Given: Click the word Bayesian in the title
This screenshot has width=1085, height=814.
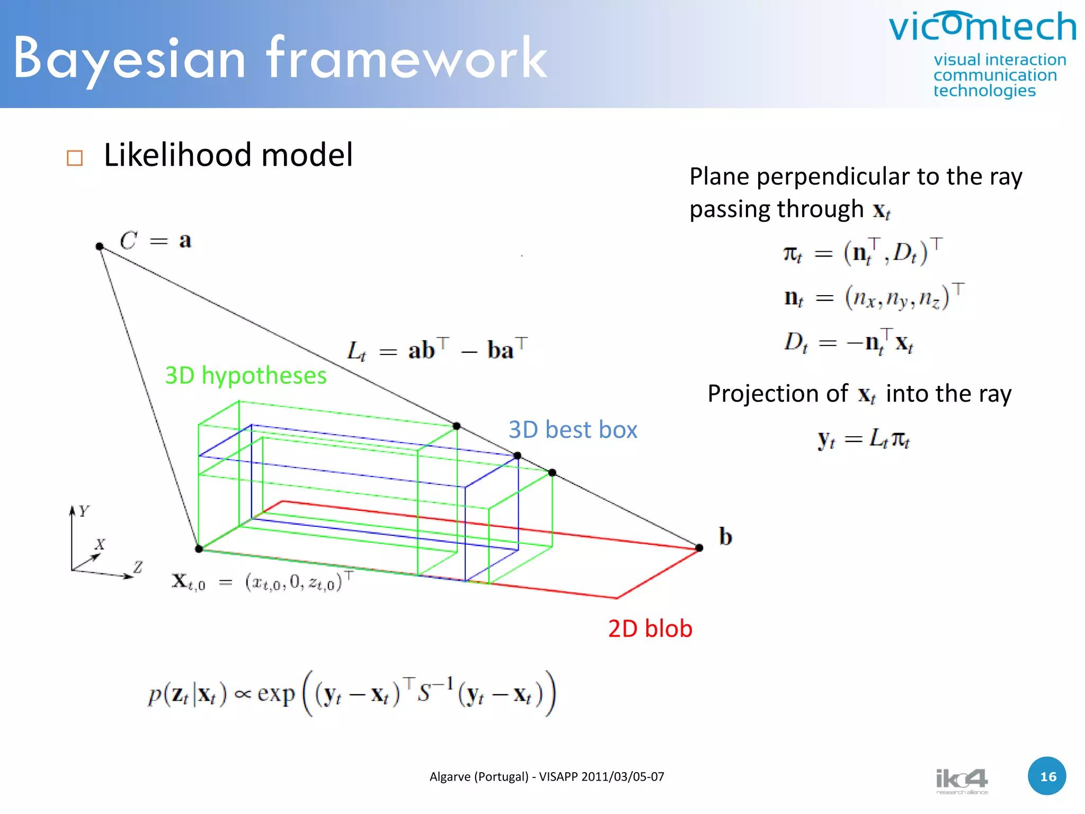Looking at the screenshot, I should tap(129, 58).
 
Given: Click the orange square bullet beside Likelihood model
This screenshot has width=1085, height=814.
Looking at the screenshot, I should tap(75, 158).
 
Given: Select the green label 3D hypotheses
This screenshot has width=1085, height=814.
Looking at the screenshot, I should tap(246, 375).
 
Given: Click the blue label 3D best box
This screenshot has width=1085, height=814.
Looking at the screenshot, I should tap(573, 429).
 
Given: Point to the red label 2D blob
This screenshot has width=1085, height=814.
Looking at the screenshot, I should tap(650, 629).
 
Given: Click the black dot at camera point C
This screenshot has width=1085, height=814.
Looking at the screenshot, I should tap(100, 246).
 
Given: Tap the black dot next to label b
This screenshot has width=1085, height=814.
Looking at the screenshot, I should tap(699, 547).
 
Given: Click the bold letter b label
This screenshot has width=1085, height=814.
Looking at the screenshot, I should tap(725, 536).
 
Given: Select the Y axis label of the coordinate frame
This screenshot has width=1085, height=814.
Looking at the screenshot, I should tap(84, 511).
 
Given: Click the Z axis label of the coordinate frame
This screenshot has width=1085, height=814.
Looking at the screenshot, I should tap(138, 567).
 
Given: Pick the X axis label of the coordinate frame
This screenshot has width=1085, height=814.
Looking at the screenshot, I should tap(100, 544).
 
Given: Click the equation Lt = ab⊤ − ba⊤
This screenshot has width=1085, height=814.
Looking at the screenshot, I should tap(437, 350).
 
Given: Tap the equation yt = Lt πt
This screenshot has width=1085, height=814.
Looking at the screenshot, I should tap(864, 439).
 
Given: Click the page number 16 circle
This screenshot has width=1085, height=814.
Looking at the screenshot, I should tap(1047, 776).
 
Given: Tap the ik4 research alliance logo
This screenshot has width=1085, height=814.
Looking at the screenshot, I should tap(962, 781).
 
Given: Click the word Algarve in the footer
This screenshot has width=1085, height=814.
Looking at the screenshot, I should tap(450, 777).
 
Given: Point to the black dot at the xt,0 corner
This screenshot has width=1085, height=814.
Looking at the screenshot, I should tap(199, 548).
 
